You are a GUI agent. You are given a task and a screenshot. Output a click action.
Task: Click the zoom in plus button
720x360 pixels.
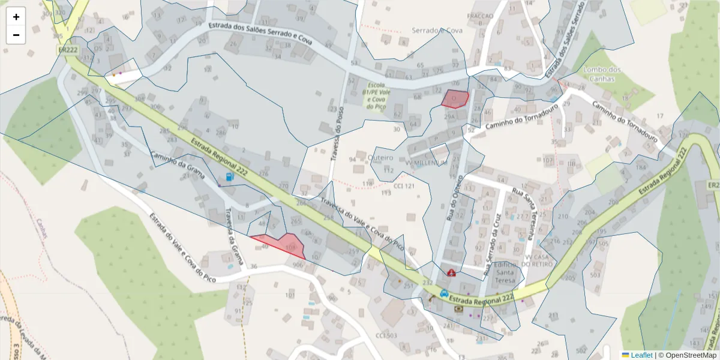16,17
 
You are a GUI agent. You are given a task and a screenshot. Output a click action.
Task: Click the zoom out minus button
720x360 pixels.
16,35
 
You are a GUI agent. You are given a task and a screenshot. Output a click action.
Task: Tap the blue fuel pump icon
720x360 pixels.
230,177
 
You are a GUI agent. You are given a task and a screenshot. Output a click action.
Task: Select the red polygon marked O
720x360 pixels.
455,98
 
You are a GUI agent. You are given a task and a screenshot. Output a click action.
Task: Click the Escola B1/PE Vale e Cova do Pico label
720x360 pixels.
377,96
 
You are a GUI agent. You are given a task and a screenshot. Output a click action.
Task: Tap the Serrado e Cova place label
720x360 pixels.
437,30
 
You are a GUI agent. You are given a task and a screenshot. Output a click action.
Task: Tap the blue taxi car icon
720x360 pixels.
444,293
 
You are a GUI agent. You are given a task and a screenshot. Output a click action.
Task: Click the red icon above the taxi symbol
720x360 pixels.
451,272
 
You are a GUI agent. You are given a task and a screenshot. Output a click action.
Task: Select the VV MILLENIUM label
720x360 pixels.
427,163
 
